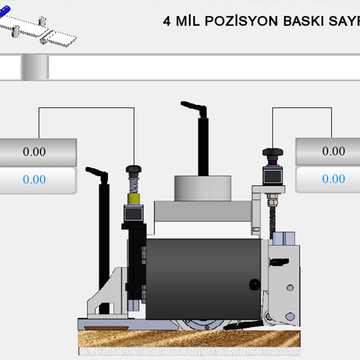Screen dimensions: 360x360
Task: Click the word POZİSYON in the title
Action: click(x=241, y=21)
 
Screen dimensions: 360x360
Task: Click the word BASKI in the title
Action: click(x=304, y=22)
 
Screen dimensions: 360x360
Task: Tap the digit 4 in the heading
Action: click(x=167, y=22)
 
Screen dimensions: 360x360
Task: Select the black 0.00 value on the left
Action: click(x=34, y=152)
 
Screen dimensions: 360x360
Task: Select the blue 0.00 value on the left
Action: click(x=34, y=179)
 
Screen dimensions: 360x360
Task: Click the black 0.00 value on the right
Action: click(x=334, y=151)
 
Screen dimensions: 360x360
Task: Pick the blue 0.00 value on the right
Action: click(x=334, y=179)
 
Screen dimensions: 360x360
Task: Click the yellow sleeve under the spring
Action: click(x=134, y=199)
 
